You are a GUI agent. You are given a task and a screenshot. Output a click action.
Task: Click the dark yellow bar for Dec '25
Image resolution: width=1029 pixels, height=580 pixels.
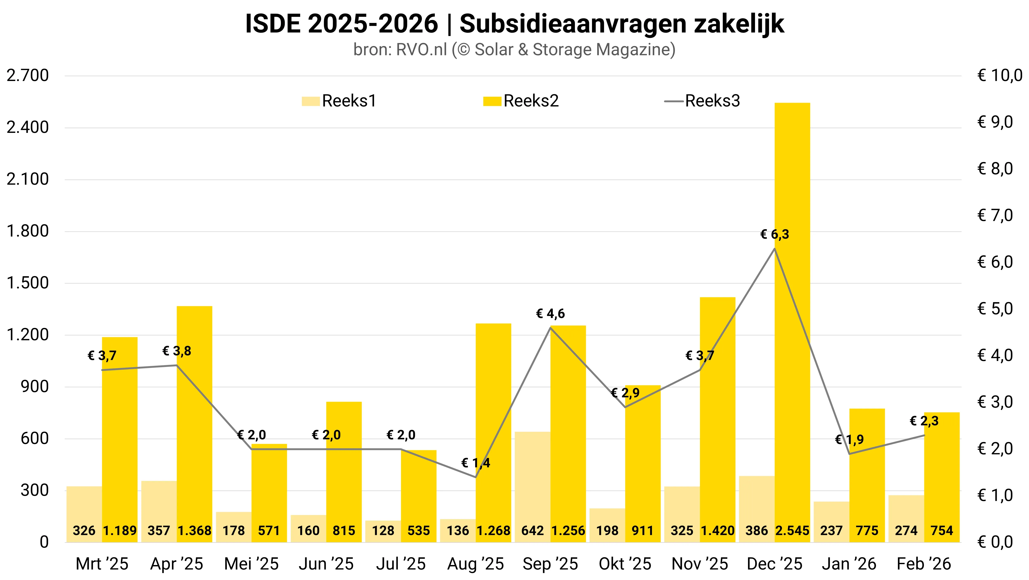[x=792, y=320]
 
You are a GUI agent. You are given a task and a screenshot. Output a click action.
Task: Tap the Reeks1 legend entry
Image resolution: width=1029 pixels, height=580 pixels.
[x=340, y=101]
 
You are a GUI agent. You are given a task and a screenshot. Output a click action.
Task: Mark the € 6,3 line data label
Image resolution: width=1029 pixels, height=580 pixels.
[x=775, y=234]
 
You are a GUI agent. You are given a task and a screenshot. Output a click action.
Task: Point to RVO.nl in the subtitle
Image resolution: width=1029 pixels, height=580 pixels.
[x=421, y=50]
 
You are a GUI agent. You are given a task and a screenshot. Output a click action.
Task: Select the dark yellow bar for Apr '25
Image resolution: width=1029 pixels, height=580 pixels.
[x=194, y=420]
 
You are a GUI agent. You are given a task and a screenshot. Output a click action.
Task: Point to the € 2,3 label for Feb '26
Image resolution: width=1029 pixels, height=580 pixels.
[x=924, y=421]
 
